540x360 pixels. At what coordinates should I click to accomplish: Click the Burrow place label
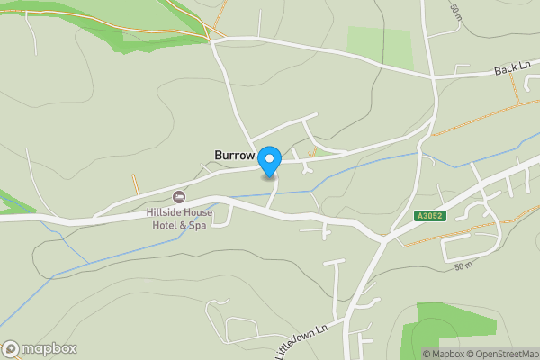[x=235, y=155]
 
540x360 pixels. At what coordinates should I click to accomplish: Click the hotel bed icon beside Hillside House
[x=177, y=196]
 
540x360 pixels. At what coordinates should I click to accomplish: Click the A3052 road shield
[x=430, y=216]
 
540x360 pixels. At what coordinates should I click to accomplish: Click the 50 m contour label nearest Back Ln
[x=455, y=13]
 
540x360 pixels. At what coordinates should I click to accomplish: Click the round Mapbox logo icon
[x=12, y=348]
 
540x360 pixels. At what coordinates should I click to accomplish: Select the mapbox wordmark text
[x=49, y=348]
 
